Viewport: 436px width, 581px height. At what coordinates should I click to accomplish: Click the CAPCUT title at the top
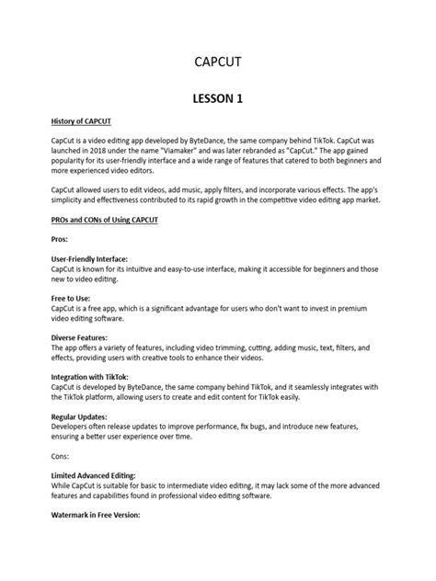pos(217,62)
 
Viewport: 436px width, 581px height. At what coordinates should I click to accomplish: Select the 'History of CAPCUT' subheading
pos(83,120)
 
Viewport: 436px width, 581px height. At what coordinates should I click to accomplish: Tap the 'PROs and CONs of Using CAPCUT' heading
pos(105,221)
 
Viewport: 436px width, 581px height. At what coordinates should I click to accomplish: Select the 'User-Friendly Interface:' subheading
pos(89,259)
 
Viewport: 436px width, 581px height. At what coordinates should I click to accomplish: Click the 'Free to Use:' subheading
pos(72,299)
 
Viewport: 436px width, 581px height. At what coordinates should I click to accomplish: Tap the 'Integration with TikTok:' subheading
pos(90,378)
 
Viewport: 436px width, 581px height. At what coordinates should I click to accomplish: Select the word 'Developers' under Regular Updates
pos(71,427)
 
